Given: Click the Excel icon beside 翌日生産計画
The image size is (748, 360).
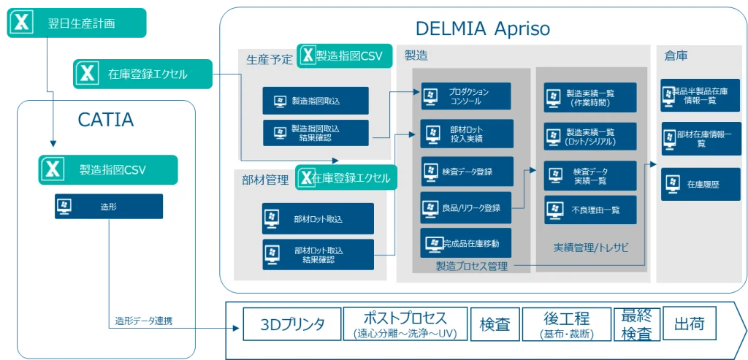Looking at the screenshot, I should [x=22, y=23].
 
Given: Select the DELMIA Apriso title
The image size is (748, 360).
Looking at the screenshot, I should [x=482, y=28].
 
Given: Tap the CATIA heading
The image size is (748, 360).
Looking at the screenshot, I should [x=106, y=120].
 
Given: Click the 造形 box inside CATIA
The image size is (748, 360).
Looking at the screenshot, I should [x=109, y=207].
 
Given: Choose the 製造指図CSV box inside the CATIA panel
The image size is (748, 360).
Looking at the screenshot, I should [x=108, y=169].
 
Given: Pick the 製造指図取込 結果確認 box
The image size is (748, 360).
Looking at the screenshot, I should [x=316, y=132].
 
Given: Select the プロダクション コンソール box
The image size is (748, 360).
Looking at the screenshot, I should [x=465, y=96].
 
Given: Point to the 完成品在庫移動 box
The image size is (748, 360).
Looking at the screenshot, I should [x=465, y=242].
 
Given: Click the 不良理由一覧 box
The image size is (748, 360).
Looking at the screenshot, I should [x=589, y=210].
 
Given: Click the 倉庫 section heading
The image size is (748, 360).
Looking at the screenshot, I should [x=676, y=56].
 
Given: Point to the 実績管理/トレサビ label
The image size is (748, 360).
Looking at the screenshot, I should [x=590, y=248].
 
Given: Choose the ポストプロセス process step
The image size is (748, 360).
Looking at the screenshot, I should [x=405, y=324].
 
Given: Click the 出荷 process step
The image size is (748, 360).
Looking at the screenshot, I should [x=689, y=324].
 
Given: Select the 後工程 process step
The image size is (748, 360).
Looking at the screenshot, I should [x=566, y=324].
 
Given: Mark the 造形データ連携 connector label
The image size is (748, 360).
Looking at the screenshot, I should [x=144, y=319].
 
